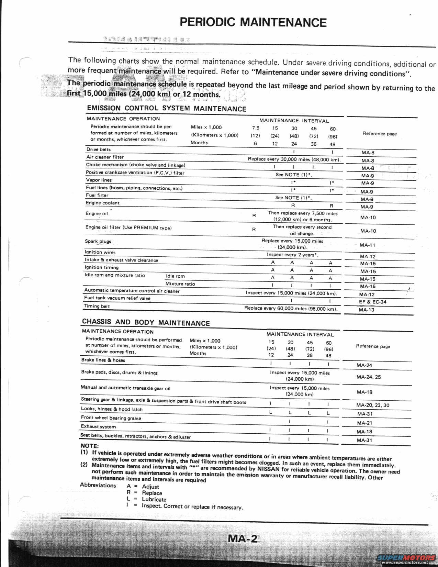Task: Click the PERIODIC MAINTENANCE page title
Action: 253,22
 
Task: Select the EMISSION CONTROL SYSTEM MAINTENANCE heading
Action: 167,108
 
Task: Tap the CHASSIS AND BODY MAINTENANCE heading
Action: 146,322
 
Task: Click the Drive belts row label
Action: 98,149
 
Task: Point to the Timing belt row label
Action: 97,306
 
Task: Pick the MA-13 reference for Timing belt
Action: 366,310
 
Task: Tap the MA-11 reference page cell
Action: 367,245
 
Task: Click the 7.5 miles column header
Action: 255,128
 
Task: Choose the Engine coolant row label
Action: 102,203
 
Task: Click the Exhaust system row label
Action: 98,426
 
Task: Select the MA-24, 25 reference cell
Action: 368,377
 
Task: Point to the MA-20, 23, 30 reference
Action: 373,405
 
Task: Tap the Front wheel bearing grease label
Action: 111,418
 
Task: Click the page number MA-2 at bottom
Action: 242,538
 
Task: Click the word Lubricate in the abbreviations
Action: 154,499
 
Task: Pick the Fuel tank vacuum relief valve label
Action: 117,298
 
